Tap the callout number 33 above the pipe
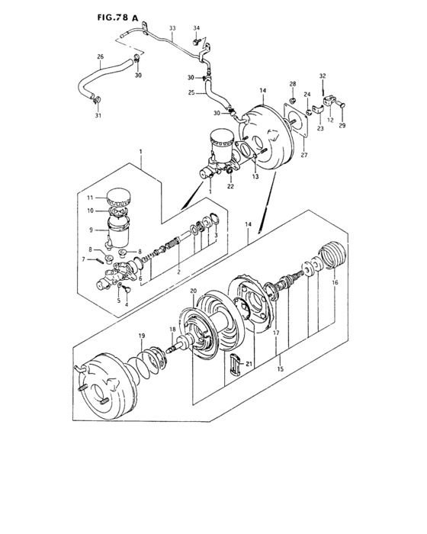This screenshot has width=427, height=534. point(172,27)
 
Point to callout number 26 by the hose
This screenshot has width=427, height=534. point(100,56)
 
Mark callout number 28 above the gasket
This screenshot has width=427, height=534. point(291,83)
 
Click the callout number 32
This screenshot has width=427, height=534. point(323,76)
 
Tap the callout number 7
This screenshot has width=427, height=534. point(84,259)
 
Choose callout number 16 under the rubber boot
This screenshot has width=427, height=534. point(333,282)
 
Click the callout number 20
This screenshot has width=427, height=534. point(193,291)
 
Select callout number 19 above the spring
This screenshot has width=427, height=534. point(141,336)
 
